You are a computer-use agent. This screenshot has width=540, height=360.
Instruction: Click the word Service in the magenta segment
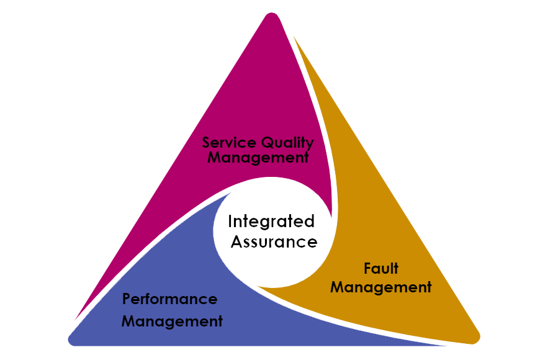[x=227, y=142]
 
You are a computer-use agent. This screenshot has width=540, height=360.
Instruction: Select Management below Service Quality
[x=258, y=158]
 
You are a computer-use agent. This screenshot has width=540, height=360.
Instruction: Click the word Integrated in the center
[x=271, y=222]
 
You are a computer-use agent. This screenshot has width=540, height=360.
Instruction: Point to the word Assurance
[x=274, y=241]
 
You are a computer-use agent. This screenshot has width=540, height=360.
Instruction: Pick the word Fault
[x=380, y=269]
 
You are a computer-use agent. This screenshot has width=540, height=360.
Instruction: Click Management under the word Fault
[x=380, y=287]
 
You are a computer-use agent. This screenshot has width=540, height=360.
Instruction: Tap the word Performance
[x=169, y=299]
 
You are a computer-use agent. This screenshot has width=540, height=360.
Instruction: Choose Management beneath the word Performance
[x=171, y=321]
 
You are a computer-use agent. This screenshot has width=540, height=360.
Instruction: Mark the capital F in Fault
[x=367, y=269]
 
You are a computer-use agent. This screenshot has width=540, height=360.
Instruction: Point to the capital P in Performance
[x=126, y=299]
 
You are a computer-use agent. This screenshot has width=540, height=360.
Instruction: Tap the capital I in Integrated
[x=230, y=222]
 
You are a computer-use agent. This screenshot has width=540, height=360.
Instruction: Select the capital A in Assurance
[x=236, y=241]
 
